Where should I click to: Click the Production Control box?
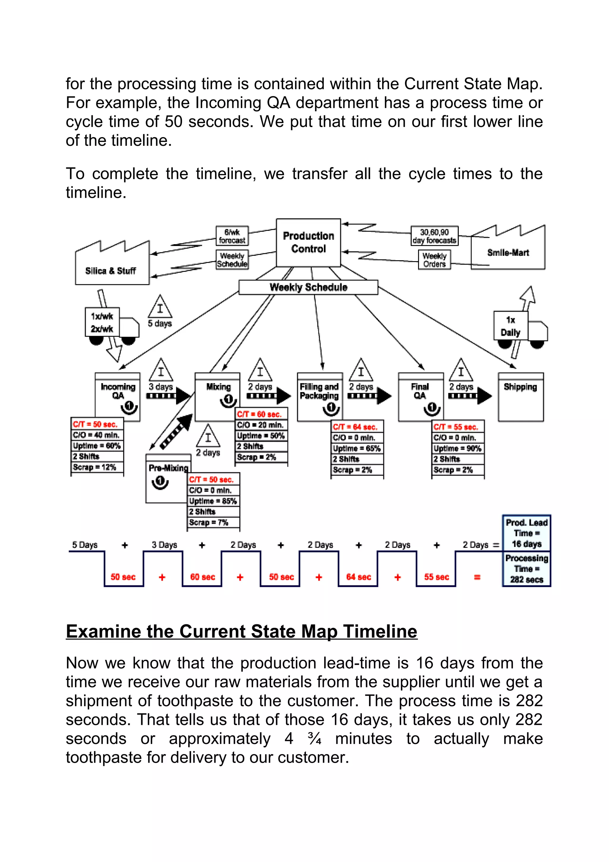[x=308, y=242]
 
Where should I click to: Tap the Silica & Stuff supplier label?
[x=110, y=271]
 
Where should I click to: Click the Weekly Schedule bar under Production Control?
[x=308, y=287]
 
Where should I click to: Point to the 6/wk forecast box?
[x=232, y=236]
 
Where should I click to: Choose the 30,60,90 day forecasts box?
[x=434, y=236]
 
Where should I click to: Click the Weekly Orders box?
[x=434, y=260]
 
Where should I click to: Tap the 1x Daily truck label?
[x=510, y=326]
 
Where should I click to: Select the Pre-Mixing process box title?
[x=168, y=468]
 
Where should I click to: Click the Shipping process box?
[x=520, y=397]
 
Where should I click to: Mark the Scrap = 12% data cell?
[x=95, y=467]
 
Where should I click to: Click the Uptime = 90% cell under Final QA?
[x=457, y=448]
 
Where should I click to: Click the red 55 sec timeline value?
[x=437, y=577]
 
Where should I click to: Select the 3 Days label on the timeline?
[x=164, y=545]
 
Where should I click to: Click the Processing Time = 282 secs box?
[x=526, y=569]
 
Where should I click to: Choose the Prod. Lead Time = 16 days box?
[x=526, y=533]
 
